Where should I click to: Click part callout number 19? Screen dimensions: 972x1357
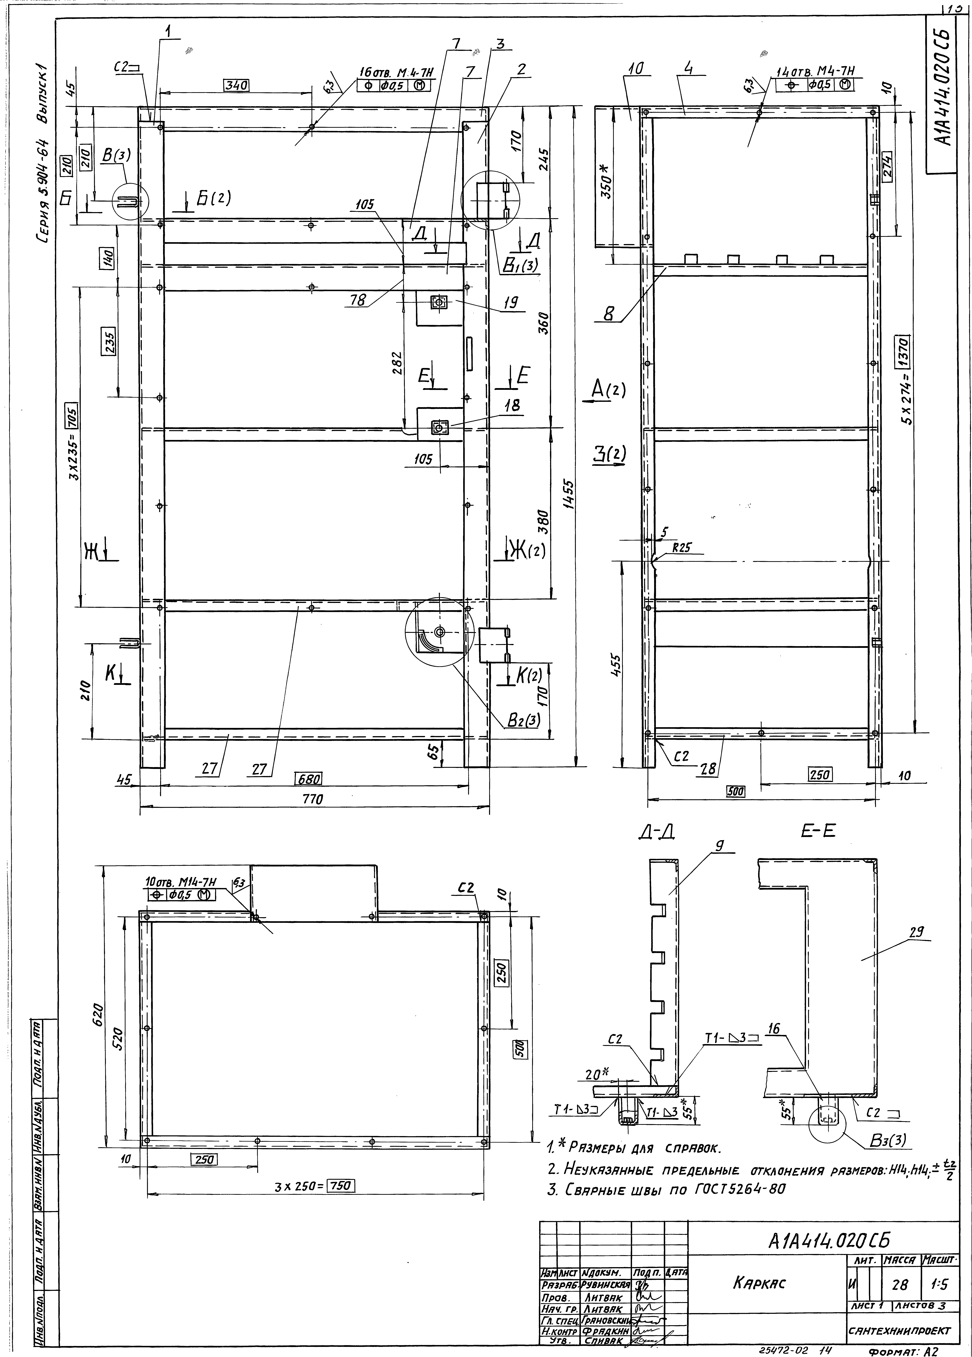[510, 303]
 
